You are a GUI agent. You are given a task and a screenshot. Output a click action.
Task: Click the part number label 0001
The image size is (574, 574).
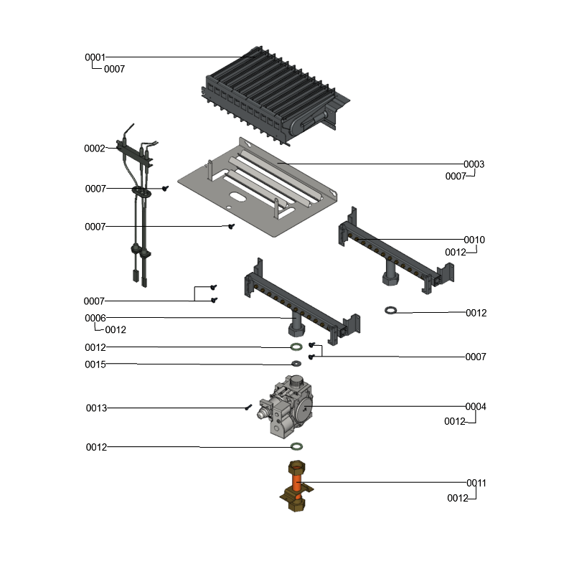pos(95,57)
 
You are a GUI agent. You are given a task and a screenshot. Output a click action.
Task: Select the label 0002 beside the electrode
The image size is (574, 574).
pos(95,149)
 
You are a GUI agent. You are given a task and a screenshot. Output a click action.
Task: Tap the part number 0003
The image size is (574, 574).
pos(474,164)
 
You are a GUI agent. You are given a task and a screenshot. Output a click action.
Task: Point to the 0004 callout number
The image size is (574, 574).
pos(476,407)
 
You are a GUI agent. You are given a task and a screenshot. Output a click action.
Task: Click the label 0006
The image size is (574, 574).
pos(95,318)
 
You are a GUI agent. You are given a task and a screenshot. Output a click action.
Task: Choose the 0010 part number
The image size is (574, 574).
pos(474,240)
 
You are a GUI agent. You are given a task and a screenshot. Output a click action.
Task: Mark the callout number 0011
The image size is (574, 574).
pos(476,484)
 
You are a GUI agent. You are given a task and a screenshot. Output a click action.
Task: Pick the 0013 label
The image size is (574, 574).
pos(96,408)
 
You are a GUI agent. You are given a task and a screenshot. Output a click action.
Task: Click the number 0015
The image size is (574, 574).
pos(95,364)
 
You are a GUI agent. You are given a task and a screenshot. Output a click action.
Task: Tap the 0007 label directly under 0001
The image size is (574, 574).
pos(114,70)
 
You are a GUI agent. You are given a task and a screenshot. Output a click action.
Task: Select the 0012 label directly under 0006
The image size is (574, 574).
pos(116,330)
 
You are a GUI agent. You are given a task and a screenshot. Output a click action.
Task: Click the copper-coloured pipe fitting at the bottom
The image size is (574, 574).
pos(296,487)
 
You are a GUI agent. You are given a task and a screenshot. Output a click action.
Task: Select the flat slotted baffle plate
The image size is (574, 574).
pos(258,187)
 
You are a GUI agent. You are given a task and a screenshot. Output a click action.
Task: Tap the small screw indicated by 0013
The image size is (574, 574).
pos(248,408)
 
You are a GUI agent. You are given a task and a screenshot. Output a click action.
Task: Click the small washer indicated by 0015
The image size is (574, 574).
pos(296,364)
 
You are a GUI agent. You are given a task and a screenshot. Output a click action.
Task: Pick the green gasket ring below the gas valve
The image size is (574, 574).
pos(296,447)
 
